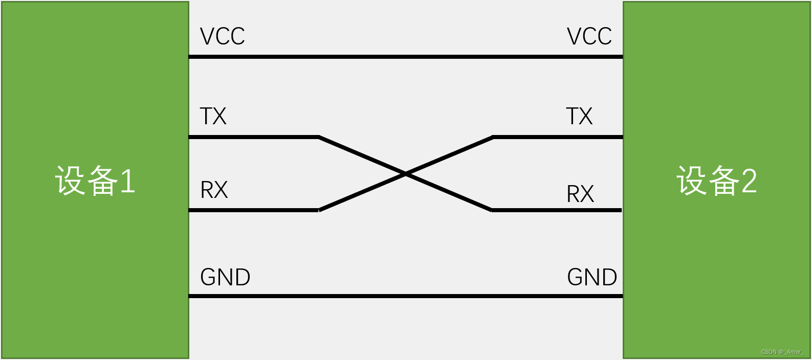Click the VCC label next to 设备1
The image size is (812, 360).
point(222,37)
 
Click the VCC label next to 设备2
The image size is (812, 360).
point(589,37)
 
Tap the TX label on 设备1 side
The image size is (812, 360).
point(213,117)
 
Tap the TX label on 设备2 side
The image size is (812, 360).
point(579,117)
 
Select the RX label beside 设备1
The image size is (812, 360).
point(214,190)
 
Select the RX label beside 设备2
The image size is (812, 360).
point(580,194)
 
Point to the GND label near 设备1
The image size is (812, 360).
point(225,277)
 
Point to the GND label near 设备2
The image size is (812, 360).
point(592,277)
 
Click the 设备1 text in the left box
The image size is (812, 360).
point(95,181)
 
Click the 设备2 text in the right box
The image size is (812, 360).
point(716,181)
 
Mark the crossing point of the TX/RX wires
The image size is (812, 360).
point(406,174)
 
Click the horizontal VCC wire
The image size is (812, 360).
point(406,57)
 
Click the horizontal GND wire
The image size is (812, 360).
point(406,296)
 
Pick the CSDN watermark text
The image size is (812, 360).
point(782,352)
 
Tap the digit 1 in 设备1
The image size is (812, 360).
point(127,181)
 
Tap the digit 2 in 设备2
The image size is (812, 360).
point(749,181)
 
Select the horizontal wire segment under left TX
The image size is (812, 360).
point(253,137)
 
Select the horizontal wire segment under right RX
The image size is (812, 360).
point(557,210)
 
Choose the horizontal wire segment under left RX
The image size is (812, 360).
point(253,210)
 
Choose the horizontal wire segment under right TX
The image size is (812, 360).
point(558,137)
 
